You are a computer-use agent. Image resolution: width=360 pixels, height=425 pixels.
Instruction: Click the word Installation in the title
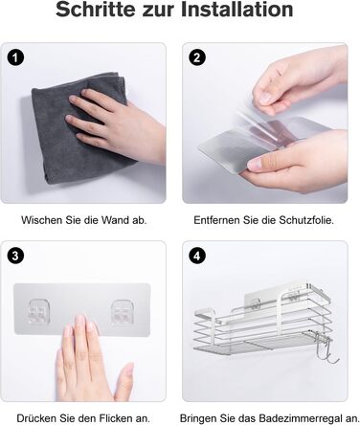click(237, 10)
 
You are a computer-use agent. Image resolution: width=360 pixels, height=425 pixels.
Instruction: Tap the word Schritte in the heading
click(96, 10)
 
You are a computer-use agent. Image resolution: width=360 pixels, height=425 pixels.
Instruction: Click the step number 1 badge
click(15, 57)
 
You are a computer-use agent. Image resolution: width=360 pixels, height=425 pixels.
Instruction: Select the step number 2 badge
click(197, 57)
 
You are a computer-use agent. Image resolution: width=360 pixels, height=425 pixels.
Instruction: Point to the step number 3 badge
click(15, 256)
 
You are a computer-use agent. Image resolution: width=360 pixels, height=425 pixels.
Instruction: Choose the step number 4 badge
click(197, 256)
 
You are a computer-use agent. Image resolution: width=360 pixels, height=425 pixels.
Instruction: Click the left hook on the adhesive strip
click(39, 311)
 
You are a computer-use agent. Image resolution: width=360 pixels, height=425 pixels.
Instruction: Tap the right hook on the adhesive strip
click(123, 311)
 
